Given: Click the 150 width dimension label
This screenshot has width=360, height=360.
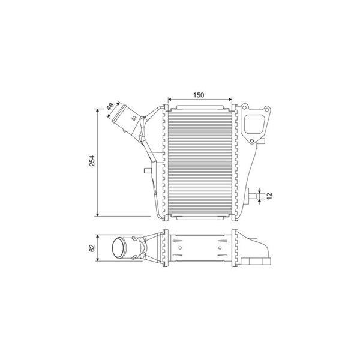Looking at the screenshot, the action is (x=199, y=95).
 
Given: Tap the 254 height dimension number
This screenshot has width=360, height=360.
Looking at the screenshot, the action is (x=92, y=161).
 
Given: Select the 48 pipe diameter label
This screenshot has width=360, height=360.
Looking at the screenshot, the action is (x=110, y=106).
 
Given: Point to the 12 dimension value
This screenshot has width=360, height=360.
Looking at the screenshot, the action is (x=269, y=196).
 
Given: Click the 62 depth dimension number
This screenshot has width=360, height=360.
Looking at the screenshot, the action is (x=92, y=248).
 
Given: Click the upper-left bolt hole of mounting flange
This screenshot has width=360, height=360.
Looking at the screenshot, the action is (x=245, y=107).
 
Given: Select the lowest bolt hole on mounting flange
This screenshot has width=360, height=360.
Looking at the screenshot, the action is (x=252, y=140).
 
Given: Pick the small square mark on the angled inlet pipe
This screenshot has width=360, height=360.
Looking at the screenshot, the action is (x=133, y=118).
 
